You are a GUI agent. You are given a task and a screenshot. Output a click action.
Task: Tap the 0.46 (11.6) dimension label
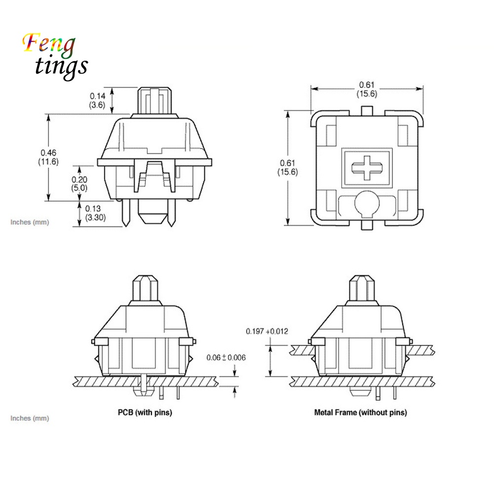48,157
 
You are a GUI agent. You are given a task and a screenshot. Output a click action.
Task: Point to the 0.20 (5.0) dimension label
79,184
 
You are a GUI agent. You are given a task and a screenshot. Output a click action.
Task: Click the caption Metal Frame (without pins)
360,412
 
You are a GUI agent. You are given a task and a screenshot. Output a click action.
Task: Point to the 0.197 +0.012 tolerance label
267,331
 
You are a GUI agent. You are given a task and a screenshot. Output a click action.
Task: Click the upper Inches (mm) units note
30,222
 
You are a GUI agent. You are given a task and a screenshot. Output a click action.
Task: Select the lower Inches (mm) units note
30,418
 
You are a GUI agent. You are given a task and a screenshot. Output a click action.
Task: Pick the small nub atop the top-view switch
366,110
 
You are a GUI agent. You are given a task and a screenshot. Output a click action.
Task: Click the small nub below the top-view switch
366,225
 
